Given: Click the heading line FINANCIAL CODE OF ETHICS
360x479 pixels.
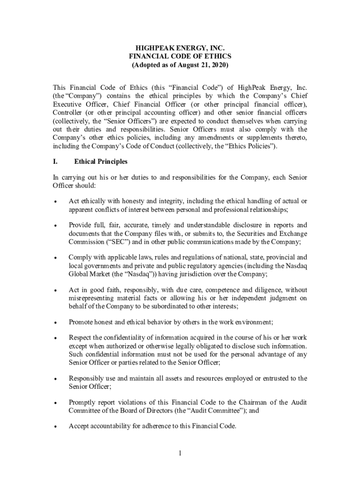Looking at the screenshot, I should coord(180,56).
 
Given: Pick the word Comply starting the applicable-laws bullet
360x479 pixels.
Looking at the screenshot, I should coord(80,257).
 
